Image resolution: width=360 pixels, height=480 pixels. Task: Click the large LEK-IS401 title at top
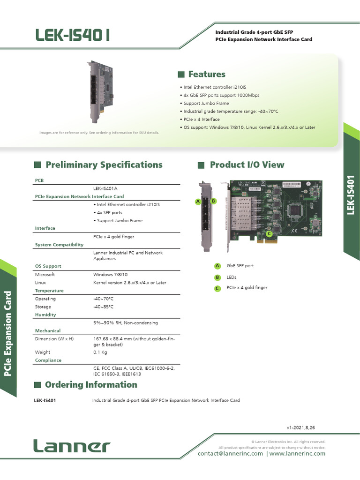(x=74, y=35)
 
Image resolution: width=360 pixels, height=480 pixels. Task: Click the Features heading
(x=206, y=74)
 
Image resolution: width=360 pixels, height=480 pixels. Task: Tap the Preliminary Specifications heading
(x=104, y=165)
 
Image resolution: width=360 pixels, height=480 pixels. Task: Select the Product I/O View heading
(x=247, y=165)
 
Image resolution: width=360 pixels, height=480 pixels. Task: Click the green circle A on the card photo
(x=198, y=201)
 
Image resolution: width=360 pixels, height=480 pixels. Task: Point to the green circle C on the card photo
(x=269, y=233)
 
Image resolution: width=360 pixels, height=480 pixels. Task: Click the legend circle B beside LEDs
(x=217, y=277)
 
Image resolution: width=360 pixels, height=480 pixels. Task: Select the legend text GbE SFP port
(x=240, y=266)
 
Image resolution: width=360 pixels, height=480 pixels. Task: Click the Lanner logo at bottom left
(x=72, y=446)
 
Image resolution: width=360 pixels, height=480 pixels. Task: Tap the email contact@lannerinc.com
(x=230, y=454)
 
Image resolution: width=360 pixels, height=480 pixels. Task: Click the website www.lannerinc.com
(x=297, y=454)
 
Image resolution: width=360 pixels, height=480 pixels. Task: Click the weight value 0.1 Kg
(x=100, y=352)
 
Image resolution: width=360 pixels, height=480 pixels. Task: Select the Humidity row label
(x=45, y=315)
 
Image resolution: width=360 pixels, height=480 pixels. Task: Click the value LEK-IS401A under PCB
(x=105, y=188)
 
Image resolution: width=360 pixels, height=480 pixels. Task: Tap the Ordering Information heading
(x=91, y=385)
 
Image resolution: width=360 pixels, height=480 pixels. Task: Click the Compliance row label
(x=48, y=360)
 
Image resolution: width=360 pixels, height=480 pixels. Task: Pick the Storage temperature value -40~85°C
(x=104, y=307)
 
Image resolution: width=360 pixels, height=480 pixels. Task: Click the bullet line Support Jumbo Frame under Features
(x=206, y=103)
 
